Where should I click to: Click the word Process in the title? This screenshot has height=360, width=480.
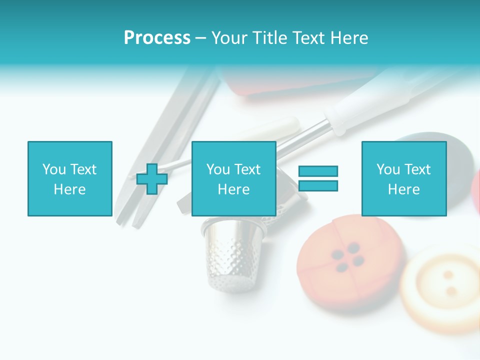point(157,38)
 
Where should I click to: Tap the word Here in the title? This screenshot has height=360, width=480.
point(348,38)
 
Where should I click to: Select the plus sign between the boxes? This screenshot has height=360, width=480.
point(152,178)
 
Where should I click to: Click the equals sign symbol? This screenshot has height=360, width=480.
point(318,178)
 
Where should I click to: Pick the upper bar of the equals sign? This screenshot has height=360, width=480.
point(318,171)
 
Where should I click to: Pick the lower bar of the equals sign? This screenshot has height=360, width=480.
point(318,186)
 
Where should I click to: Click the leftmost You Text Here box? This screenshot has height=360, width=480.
point(69,178)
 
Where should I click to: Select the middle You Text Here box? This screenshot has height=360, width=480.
point(233,178)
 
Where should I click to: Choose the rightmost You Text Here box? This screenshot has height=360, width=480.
point(403,178)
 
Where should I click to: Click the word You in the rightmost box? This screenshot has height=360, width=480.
point(388,169)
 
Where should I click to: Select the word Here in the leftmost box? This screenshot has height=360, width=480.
point(69,189)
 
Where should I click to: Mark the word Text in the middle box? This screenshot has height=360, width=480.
point(248,169)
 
